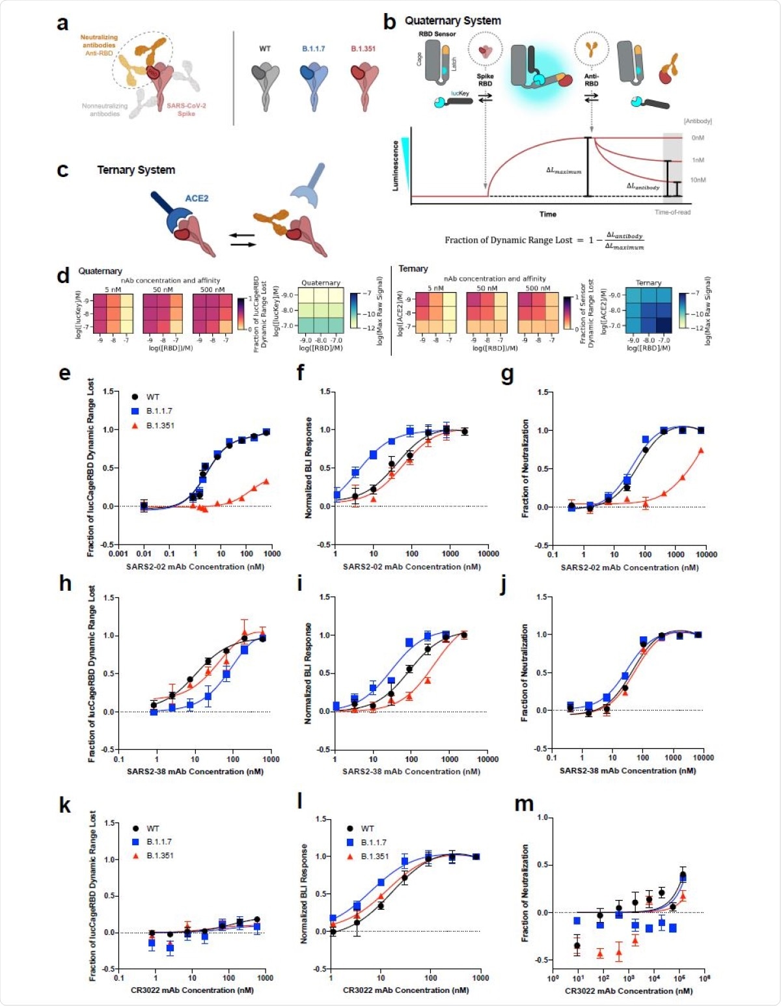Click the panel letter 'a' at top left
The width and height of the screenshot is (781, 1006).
62,23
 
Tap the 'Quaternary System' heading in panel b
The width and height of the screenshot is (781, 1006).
452,21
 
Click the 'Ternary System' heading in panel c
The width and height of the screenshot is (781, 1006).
136,170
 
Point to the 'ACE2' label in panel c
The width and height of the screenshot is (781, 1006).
197,198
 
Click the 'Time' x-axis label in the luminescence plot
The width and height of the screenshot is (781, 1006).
547,214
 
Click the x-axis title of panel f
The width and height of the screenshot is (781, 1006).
412,567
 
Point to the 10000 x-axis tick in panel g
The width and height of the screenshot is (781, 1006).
706,554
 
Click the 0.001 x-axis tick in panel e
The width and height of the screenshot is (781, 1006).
118,554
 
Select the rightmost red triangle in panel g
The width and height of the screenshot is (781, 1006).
701,450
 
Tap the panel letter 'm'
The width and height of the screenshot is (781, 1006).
523,804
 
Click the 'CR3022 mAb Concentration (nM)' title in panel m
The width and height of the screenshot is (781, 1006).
628,991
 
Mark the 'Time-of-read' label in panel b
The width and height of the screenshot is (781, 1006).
672,212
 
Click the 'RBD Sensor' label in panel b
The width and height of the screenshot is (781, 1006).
437,34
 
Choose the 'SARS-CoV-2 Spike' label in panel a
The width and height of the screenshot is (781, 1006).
186,109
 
